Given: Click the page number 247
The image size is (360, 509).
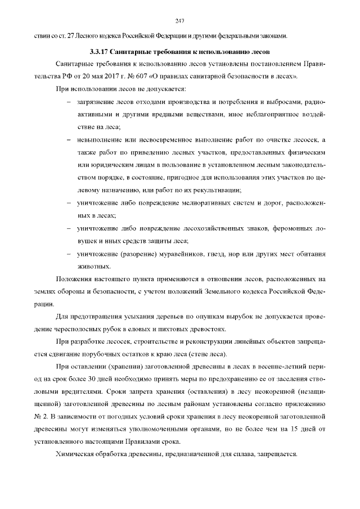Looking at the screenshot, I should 180,21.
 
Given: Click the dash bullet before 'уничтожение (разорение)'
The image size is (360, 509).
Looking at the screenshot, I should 69,254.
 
